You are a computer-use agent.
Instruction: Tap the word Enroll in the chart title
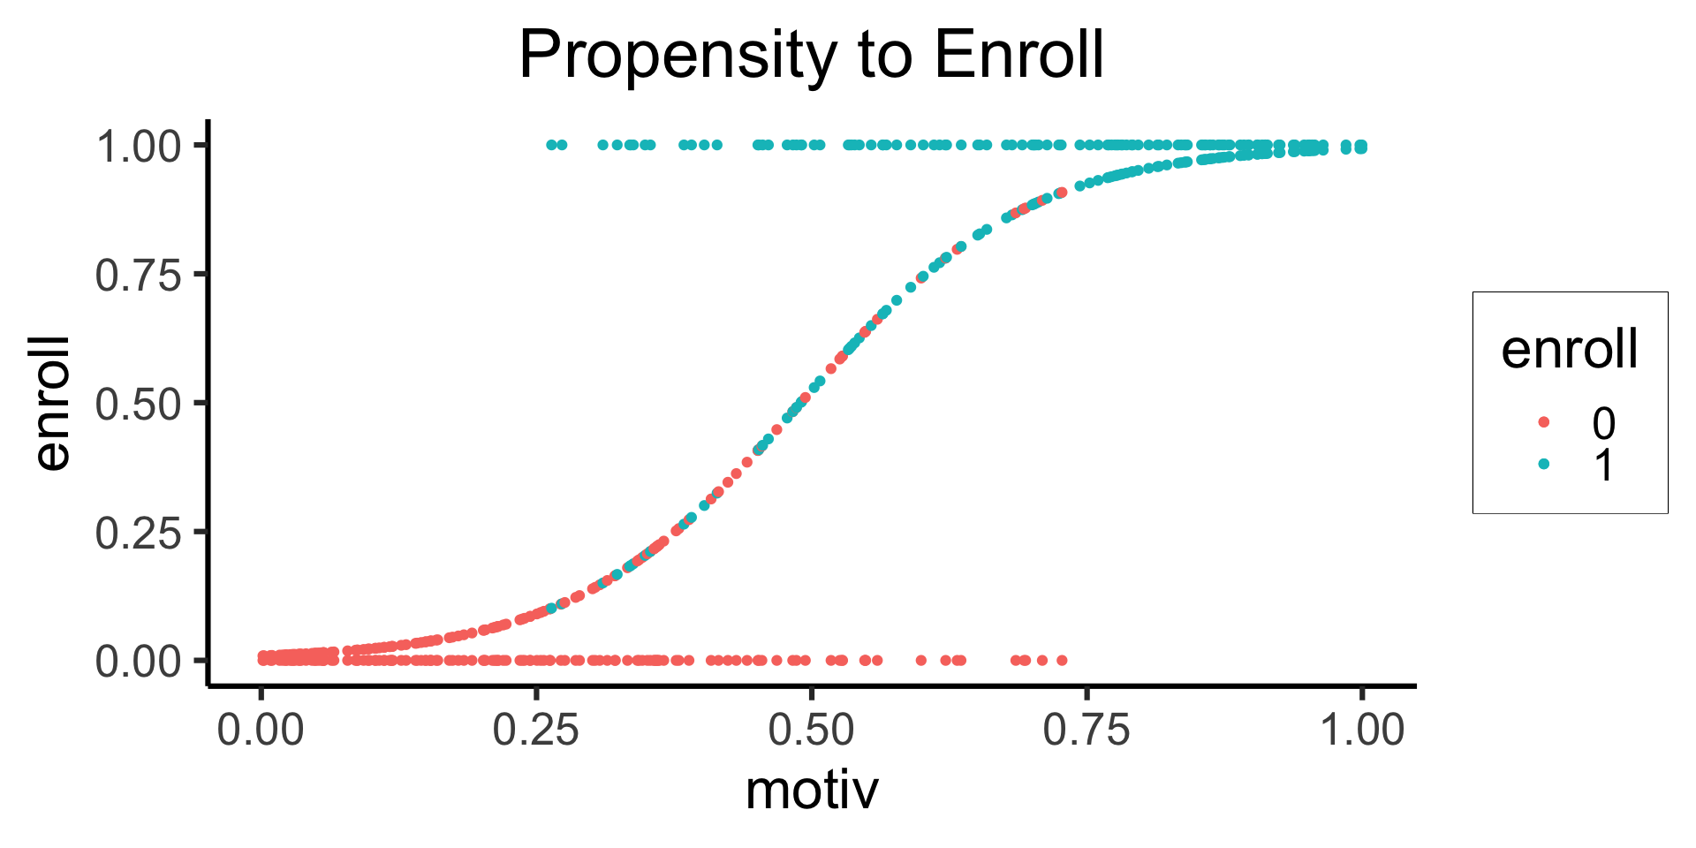point(1018,55)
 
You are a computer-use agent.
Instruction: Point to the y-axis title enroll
point(52,403)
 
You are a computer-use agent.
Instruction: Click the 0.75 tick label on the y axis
point(139,276)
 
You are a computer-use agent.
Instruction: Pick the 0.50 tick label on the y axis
point(139,404)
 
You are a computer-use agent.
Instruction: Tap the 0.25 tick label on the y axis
point(139,533)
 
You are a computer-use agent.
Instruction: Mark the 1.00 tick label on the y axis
point(139,147)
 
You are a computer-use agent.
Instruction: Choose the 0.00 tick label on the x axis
point(261,731)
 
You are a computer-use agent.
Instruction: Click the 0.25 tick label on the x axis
point(536,731)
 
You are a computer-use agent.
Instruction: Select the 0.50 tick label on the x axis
point(812,731)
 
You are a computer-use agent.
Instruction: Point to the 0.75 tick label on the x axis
point(1086,731)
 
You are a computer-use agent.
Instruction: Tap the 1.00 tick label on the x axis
point(1362,731)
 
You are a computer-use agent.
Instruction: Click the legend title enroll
point(1570,349)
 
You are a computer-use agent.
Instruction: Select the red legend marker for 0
point(1544,422)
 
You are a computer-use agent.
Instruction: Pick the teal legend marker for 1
point(1544,464)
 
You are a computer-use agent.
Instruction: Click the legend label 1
point(1603,465)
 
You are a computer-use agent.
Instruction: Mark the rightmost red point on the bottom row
point(1062,660)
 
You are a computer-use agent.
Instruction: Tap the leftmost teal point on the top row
point(551,145)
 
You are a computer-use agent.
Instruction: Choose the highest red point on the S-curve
point(1062,192)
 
